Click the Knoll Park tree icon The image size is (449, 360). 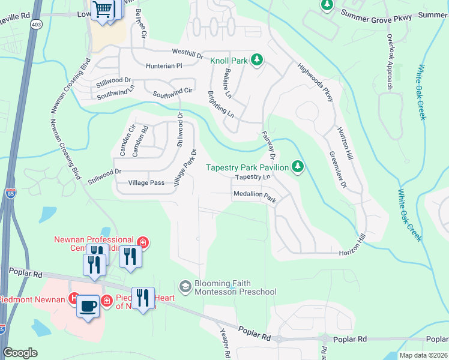pyautogui.click(x=256, y=60)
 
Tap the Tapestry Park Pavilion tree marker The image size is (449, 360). pyautogui.click(x=297, y=166)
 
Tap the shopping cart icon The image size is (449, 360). pyautogui.click(x=103, y=10)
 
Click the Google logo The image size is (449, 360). pyautogui.click(x=20, y=353)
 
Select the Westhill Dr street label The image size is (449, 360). pyautogui.click(x=175, y=53)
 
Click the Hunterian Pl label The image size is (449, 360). pyautogui.click(x=163, y=65)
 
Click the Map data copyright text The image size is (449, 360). pyautogui.click(x=424, y=355)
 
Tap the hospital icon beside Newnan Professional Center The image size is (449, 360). pyautogui.click(x=143, y=243)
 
